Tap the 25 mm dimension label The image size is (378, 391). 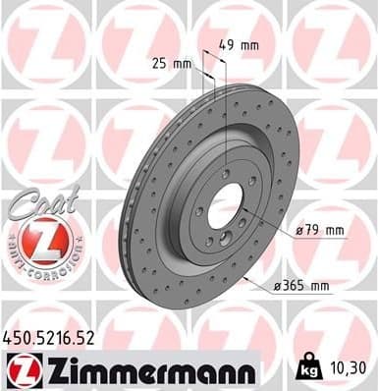point(171,63)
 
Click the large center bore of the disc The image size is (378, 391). point(226,206)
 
